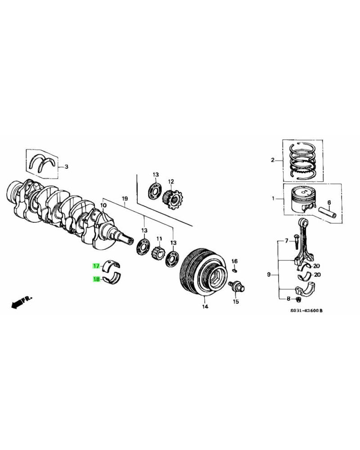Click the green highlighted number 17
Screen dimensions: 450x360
[96, 266]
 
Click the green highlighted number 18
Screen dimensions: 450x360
[96, 279]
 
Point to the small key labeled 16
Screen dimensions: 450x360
[234, 270]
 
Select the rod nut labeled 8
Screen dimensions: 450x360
[298, 299]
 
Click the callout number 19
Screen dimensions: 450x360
[125, 198]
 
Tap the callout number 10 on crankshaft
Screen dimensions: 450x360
[103, 206]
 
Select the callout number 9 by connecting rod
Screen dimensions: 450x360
[269, 274]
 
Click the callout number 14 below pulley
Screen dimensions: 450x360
[205, 307]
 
